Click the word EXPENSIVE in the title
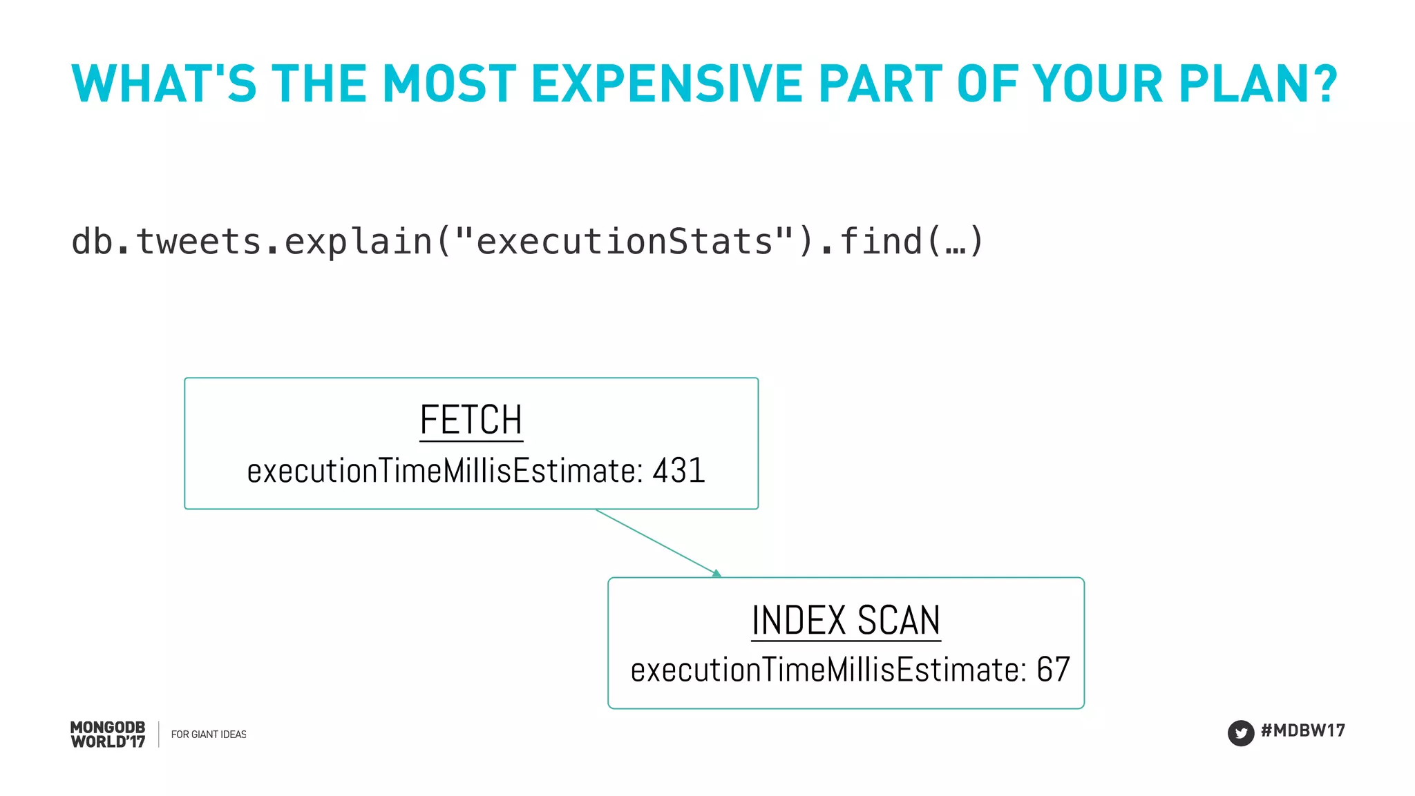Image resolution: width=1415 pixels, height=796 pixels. [x=666, y=84]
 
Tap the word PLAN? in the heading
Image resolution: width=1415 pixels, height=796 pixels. [x=1258, y=84]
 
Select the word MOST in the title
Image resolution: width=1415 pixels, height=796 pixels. [x=449, y=84]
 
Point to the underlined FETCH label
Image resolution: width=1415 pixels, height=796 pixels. [x=471, y=420]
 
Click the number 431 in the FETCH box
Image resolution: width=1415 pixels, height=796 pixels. [x=678, y=471]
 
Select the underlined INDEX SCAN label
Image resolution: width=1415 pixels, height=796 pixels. [x=846, y=620]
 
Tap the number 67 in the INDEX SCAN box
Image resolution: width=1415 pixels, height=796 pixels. [x=1053, y=670]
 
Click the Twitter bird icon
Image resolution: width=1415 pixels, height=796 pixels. [x=1241, y=732]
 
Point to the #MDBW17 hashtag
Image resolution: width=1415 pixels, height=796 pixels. [x=1303, y=730]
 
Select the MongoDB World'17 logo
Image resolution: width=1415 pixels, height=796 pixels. [x=108, y=735]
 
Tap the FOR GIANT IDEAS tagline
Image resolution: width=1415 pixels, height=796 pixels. [x=209, y=735]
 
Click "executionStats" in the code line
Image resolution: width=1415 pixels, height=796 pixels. [x=625, y=242]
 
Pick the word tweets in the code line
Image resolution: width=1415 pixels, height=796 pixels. [x=198, y=242]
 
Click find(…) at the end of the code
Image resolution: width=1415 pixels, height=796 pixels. [x=911, y=242]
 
